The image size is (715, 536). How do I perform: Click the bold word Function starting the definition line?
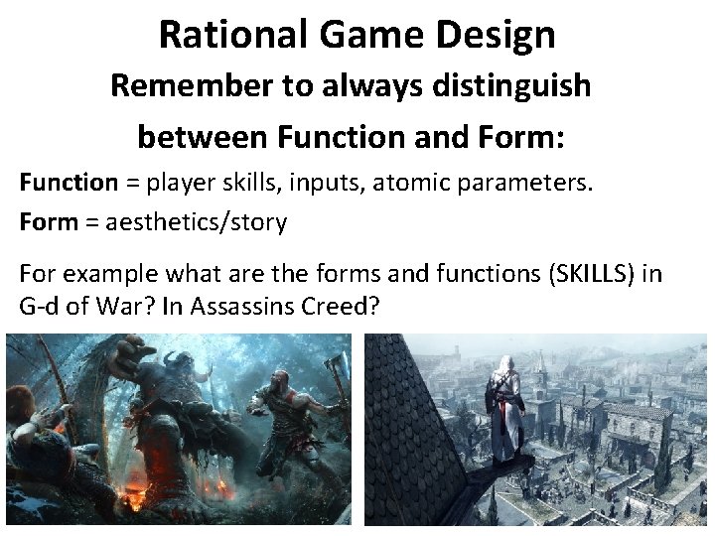tap(69, 182)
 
